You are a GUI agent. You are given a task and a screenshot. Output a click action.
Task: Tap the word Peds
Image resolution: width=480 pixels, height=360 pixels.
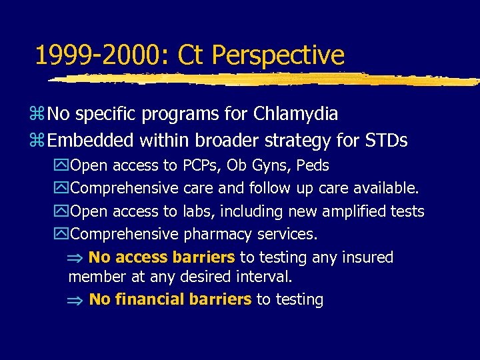pos(313,165)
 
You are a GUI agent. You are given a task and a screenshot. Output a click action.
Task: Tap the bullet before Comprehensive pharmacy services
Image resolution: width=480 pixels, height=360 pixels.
pos(63,235)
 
